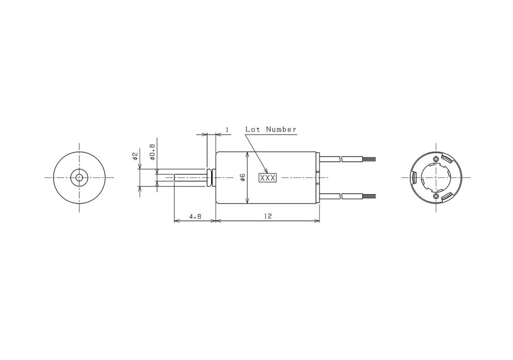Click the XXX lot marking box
tap(268, 178)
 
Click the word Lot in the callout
tap(253, 129)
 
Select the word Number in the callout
tap(281, 129)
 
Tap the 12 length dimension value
tap(268, 216)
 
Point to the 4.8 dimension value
tap(195, 216)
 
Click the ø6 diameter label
tap(243, 178)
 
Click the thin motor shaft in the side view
tap(191, 178)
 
